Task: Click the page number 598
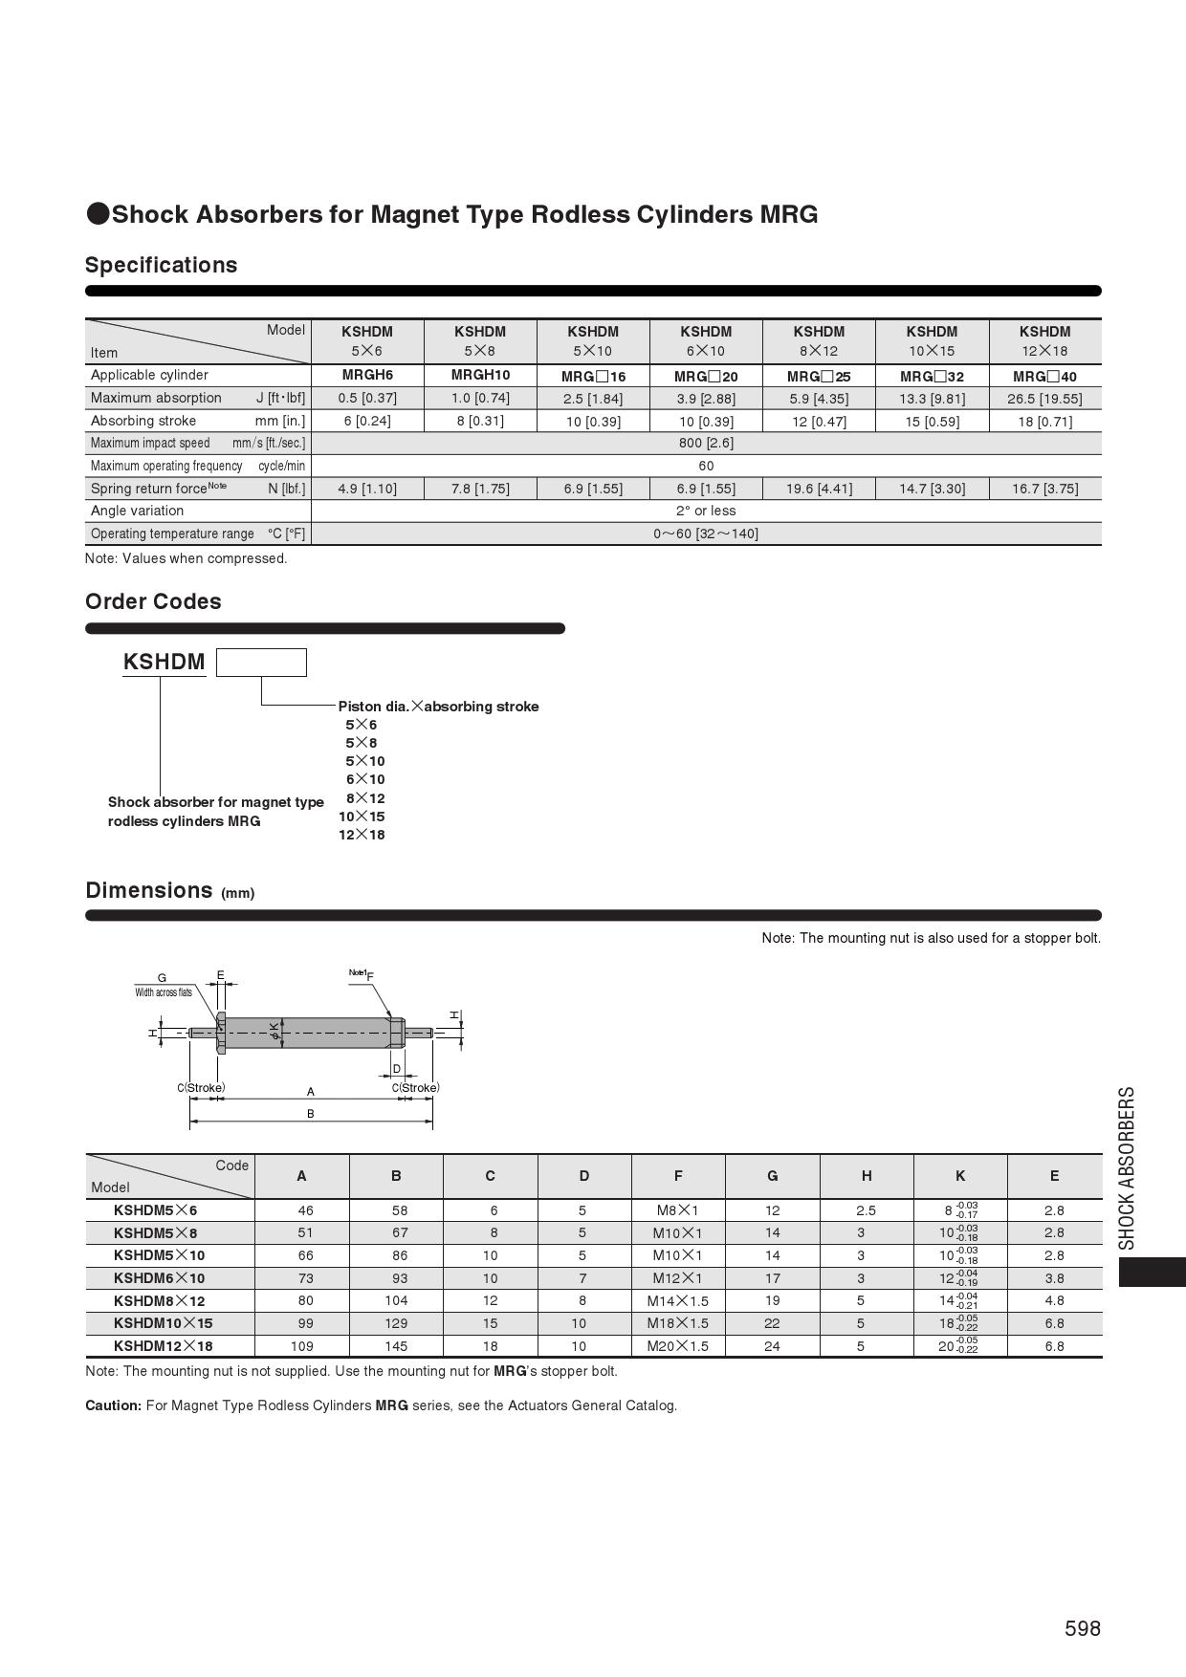click(1082, 1628)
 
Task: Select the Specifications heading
click(161, 265)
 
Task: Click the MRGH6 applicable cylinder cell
click(367, 375)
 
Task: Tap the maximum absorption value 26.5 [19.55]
click(1044, 399)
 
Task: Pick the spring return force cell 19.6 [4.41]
click(819, 489)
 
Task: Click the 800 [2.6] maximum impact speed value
click(706, 443)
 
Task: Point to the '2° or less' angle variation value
click(706, 511)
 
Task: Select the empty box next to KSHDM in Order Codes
click(261, 663)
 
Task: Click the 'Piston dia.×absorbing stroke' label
click(438, 707)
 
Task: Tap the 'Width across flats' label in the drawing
click(164, 992)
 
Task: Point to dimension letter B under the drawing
click(310, 1114)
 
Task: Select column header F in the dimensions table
click(678, 1176)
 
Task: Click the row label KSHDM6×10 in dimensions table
click(159, 1278)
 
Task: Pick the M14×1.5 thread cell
click(678, 1301)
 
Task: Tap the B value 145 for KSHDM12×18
click(396, 1346)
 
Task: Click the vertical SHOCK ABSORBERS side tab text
click(1128, 1167)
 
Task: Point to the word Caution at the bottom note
click(113, 1405)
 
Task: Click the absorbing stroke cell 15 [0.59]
click(932, 422)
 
